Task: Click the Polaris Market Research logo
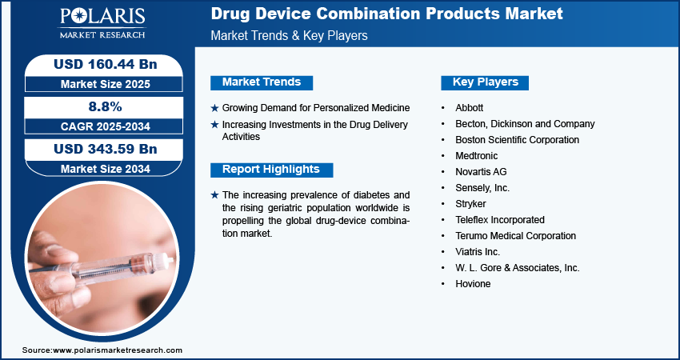coord(102,22)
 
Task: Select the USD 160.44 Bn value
coord(106,65)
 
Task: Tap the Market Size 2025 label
coord(106,84)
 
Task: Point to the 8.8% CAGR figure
coord(106,106)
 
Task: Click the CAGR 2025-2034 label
coord(106,126)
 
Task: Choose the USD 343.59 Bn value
coord(106,149)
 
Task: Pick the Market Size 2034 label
coord(106,169)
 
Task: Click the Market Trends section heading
coord(262,82)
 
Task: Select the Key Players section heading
coord(486,82)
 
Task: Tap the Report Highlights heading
coord(271,170)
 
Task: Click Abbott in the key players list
coord(470,107)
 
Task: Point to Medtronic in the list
coord(477,156)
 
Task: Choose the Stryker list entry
coord(470,204)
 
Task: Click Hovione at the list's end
coord(473,284)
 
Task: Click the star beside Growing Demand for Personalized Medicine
coord(214,108)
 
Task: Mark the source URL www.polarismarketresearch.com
coord(118,350)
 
